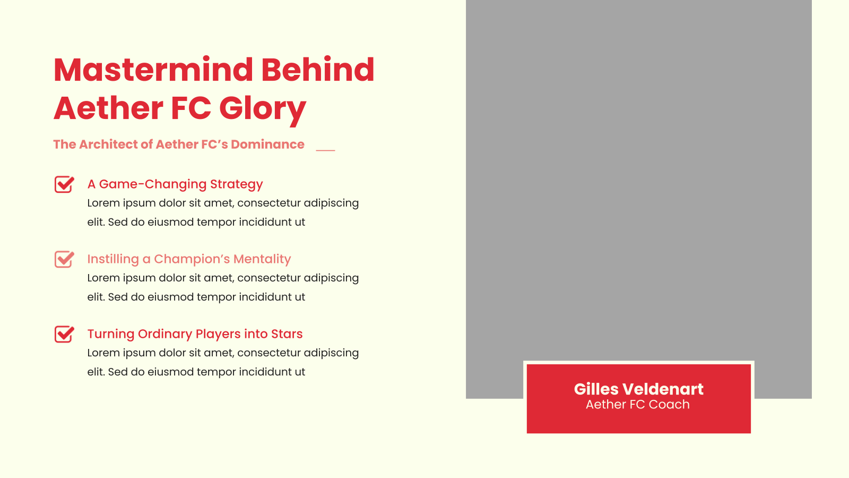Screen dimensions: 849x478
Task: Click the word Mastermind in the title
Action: [153, 70]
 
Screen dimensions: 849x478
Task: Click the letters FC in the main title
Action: [190, 108]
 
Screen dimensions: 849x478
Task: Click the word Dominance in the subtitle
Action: [267, 144]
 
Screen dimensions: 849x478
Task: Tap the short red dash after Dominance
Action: [326, 150]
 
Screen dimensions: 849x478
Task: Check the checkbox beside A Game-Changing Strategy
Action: [64, 184]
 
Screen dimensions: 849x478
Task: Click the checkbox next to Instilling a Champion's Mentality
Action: [64, 260]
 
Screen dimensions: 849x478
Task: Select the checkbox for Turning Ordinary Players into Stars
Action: [64, 334]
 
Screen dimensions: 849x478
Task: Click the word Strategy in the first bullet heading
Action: [236, 185]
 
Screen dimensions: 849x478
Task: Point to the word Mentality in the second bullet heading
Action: [262, 259]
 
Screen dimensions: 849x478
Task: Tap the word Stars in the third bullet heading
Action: [287, 334]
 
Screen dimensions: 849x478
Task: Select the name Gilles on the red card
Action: [596, 389]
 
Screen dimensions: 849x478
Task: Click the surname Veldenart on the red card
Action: [663, 389]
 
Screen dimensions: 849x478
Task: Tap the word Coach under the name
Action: [669, 404]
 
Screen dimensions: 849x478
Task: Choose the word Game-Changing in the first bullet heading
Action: [153, 185]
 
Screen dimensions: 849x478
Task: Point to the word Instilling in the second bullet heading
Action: [113, 260]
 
